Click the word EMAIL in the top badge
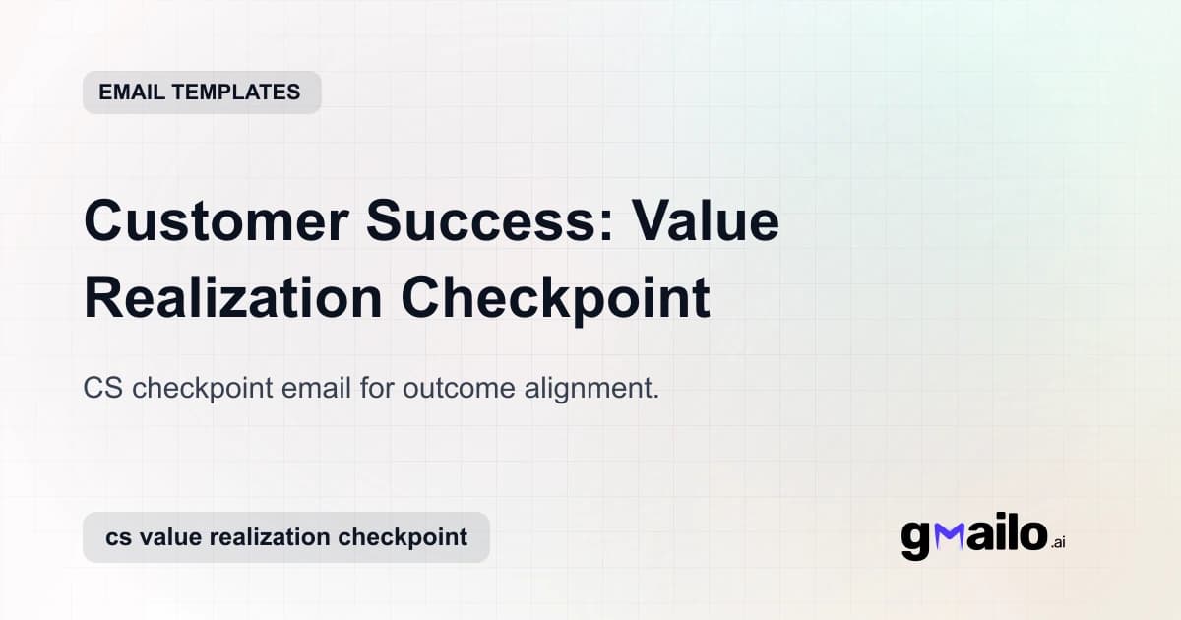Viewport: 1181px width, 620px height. [132, 93]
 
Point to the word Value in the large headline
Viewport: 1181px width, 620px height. [706, 221]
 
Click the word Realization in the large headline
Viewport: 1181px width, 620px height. [233, 298]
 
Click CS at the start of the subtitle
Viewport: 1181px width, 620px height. [103, 389]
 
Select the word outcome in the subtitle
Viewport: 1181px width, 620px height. [484, 389]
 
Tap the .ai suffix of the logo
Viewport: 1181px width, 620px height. [1058, 542]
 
